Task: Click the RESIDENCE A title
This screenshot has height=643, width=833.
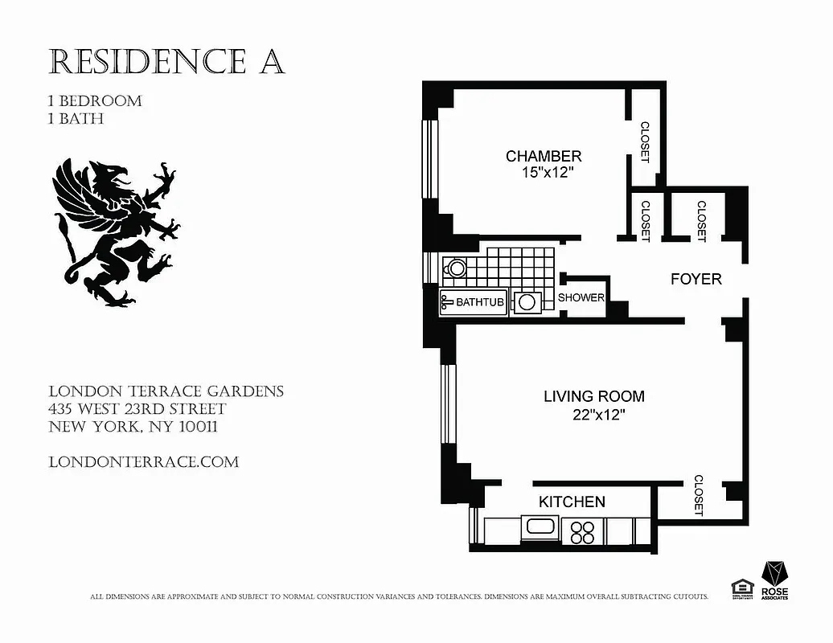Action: [x=166, y=62]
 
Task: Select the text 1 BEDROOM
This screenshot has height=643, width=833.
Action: [x=95, y=101]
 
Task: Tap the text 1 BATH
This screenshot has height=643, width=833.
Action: [x=76, y=119]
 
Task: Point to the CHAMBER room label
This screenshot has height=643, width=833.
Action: [x=544, y=156]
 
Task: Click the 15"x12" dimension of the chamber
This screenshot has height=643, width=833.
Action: [x=544, y=172]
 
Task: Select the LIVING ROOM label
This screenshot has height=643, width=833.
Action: [x=593, y=396]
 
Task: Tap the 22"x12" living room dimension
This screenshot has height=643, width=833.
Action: [x=595, y=415]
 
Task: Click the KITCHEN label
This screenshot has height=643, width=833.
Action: [x=572, y=502]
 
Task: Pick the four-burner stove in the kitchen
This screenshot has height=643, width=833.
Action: [x=582, y=532]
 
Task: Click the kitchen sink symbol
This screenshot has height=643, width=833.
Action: [x=540, y=529]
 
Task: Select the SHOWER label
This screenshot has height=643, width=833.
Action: [x=581, y=297]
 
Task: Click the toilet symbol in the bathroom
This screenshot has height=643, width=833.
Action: [x=455, y=268]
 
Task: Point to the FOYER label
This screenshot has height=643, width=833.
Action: [x=696, y=279]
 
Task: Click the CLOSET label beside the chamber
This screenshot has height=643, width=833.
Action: [x=644, y=141]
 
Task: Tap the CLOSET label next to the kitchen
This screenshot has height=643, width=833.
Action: [x=698, y=495]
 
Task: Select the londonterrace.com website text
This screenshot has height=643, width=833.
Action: [x=144, y=462]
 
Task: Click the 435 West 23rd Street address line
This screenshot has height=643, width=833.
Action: [x=137, y=409]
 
